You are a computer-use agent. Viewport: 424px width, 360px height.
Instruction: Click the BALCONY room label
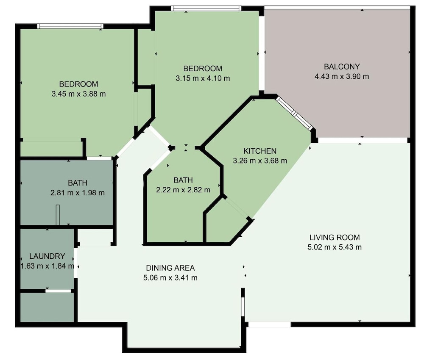[x=342, y=66]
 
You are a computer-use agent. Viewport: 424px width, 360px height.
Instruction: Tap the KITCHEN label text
[x=260, y=151]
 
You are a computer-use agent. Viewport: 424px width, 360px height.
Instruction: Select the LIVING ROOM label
[x=335, y=238]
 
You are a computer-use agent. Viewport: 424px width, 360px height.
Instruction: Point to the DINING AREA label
[x=170, y=268]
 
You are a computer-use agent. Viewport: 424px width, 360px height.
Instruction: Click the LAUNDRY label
[x=47, y=256]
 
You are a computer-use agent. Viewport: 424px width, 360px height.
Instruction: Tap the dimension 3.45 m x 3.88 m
[x=79, y=94]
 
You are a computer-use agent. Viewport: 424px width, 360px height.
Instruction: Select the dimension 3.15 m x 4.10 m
[x=203, y=78]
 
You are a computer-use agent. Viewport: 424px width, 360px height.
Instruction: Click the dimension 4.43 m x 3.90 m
[x=342, y=76]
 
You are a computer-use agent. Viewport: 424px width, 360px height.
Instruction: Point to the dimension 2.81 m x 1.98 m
[x=78, y=193]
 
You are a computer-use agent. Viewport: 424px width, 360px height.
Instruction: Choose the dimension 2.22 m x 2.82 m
[x=183, y=190]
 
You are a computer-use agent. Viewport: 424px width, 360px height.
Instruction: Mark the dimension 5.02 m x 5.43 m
[x=335, y=247]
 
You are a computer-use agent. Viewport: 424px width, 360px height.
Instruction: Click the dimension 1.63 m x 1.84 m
[x=47, y=266]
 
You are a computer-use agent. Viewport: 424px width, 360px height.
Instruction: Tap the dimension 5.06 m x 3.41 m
[x=170, y=278]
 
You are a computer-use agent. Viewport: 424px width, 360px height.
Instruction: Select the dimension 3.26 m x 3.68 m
[x=260, y=161]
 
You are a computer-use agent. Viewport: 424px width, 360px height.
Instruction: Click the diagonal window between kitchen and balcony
[x=294, y=114]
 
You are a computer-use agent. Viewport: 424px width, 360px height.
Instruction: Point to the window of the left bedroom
[x=70, y=26]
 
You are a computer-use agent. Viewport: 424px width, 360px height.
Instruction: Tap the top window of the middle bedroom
[x=206, y=8]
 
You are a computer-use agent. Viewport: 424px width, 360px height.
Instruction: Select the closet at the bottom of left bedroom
[x=51, y=148]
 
